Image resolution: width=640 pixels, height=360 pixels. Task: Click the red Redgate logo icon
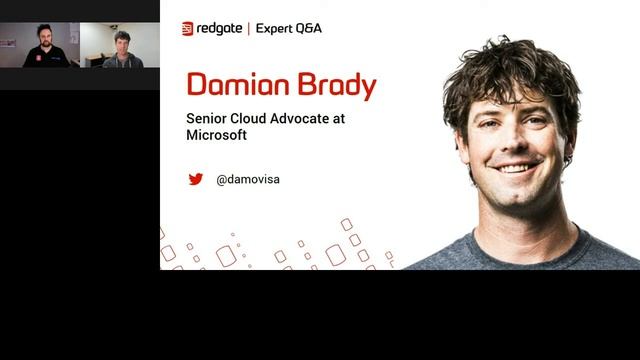point(187,29)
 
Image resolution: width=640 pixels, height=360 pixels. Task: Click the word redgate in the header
point(220,29)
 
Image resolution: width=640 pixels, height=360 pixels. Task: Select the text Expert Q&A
point(289,29)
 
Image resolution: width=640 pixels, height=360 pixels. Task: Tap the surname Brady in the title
point(333,85)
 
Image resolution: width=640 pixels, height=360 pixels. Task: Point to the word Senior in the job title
point(206,117)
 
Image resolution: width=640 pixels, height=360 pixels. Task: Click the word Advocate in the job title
point(313,117)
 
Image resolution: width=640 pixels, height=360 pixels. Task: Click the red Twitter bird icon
point(196,179)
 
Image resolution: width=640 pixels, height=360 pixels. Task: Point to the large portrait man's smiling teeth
point(517,169)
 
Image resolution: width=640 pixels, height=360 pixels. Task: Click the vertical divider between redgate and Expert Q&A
point(248,29)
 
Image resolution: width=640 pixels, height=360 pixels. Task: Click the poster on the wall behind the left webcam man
point(8,42)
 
